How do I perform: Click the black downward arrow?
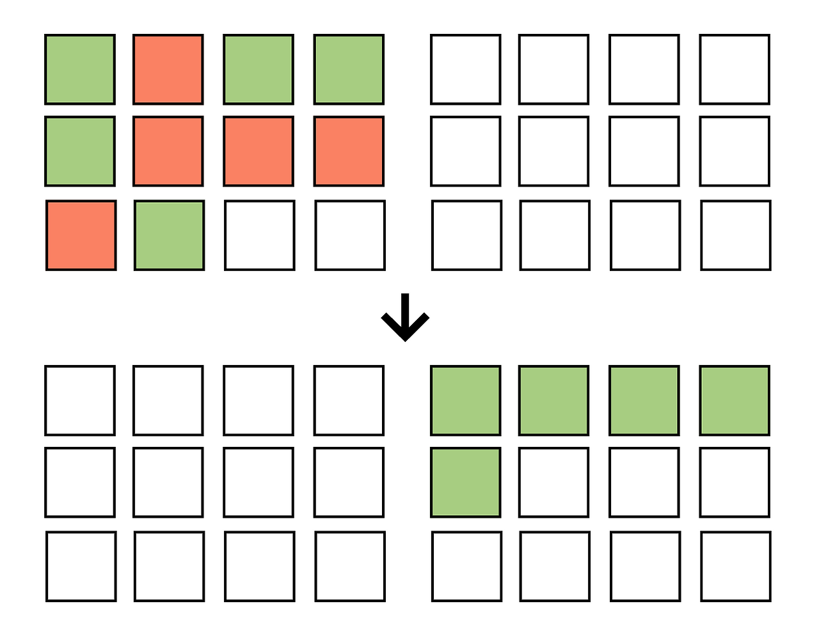click(x=405, y=318)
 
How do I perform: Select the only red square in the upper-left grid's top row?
click(x=168, y=70)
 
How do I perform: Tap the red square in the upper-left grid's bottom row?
click(x=81, y=235)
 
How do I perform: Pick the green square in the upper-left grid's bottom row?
click(x=170, y=235)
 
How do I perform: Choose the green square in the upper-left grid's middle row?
click(x=80, y=152)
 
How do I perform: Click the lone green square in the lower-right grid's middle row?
click(x=466, y=483)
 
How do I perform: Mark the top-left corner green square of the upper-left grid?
click(x=80, y=70)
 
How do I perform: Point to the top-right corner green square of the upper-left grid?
click(x=349, y=70)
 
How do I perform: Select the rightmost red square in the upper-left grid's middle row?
click(x=349, y=152)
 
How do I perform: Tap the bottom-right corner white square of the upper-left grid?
click(x=350, y=235)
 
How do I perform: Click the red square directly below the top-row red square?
click(x=168, y=152)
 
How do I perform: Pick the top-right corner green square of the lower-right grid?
click(x=735, y=401)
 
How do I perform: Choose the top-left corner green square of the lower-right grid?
click(x=466, y=401)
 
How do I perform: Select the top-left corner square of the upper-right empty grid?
click(x=466, y=70)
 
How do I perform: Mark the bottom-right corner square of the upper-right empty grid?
click(x=736, y=235)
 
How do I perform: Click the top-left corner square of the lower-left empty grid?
click(x=80, y=401)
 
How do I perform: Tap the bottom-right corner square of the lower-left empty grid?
click(x=350, y=566)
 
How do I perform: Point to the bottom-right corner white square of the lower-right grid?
click(x=736, y=566)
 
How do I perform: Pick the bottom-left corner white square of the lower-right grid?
click(x=467, y=566)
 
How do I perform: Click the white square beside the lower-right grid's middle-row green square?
click(x=554, y=483)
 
